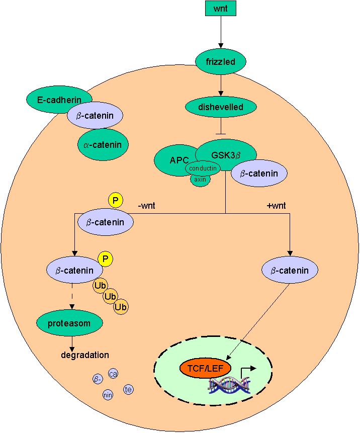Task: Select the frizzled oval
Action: [x=221, y=62]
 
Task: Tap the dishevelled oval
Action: [x=221, y=107]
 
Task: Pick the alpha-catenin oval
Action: [x=103, y=145]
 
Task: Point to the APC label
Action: [x=179, y=160]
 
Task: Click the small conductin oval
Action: [x=203, y=168]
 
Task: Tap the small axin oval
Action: [x=200, y=179]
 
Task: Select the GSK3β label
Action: [x=226, y=155]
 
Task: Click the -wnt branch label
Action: [x=148, y=206]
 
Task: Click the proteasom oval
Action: [x=69, y=323]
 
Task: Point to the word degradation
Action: [x=84, y=355]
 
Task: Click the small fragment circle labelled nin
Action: [x=108, y=395]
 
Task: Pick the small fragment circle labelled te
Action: [x=128, y=389]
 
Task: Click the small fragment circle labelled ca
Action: [x=113, y=374]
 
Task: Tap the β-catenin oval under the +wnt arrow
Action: [x=290, y=271]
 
